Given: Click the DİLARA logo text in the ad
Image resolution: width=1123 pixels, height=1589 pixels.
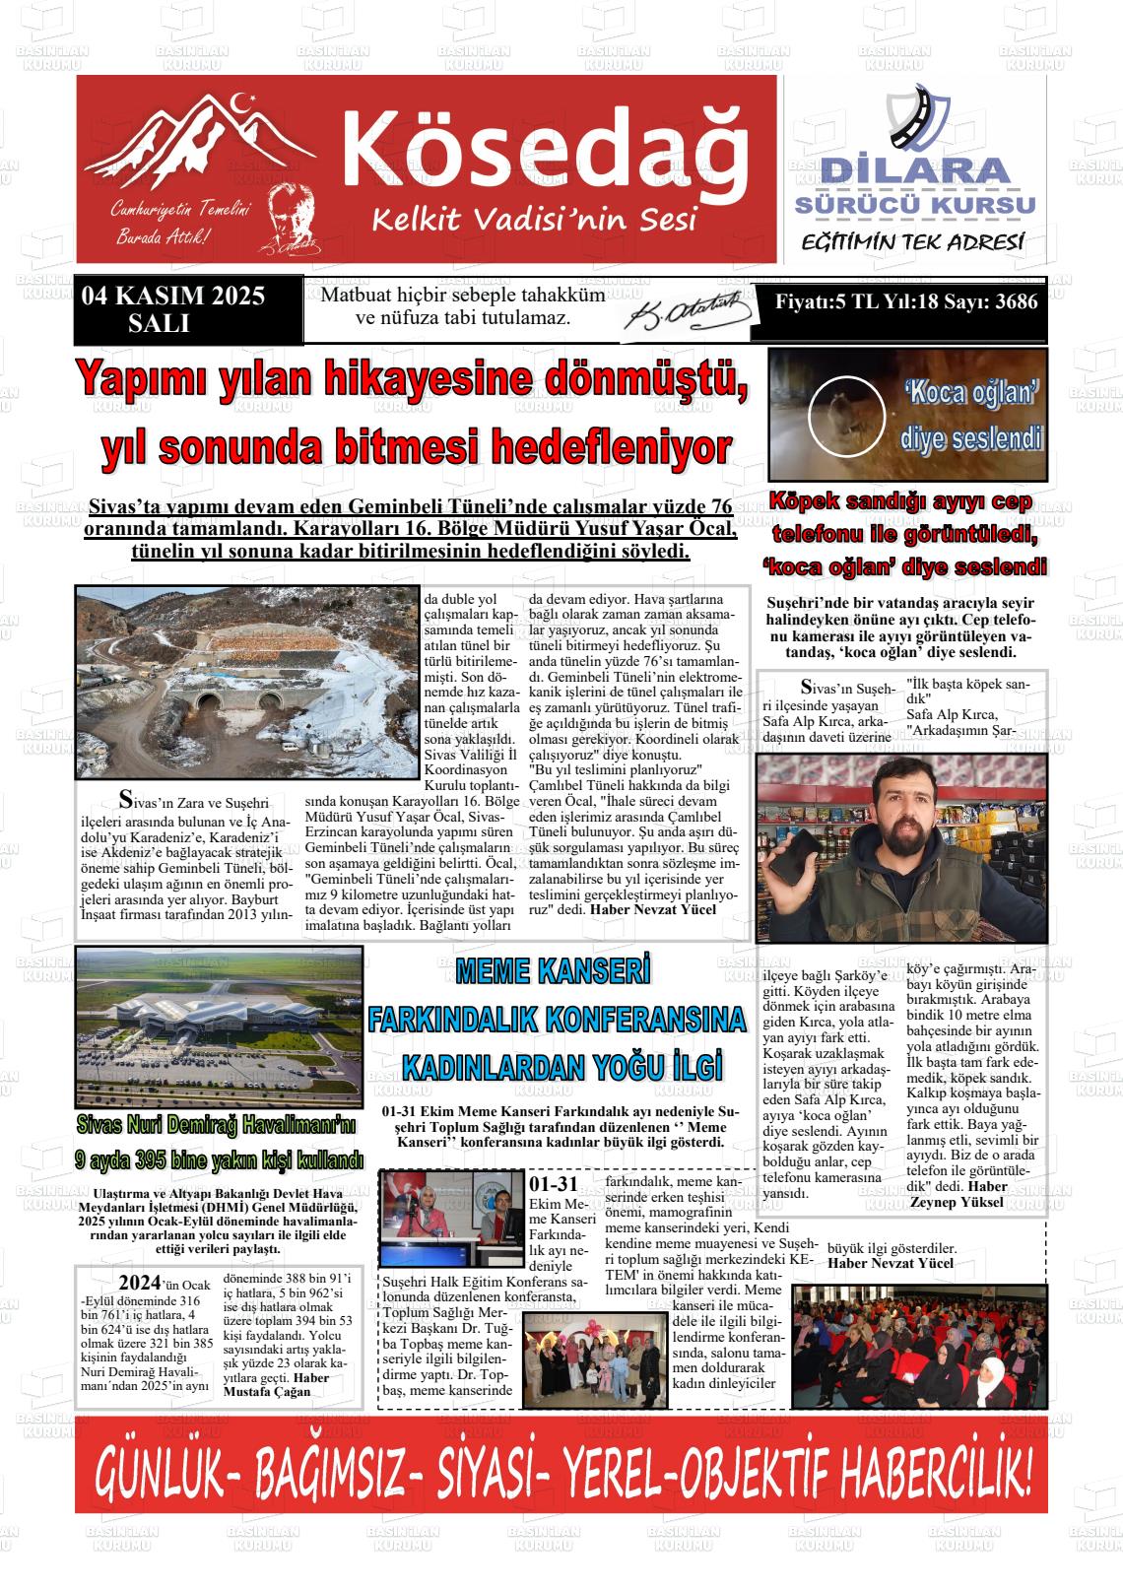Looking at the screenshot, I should (x=915, y=171).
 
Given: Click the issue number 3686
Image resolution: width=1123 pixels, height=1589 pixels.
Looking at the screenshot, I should (x=1016, y=301).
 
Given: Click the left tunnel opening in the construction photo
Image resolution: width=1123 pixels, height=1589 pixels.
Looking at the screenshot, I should (x=210, y=702).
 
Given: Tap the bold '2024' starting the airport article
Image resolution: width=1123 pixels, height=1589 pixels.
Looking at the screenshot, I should (x=139, y=1283).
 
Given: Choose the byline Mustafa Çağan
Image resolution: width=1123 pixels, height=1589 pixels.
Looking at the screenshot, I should (x=267, y=1391).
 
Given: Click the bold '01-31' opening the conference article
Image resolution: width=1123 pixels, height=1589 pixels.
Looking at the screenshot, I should (x=554, y=1184).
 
